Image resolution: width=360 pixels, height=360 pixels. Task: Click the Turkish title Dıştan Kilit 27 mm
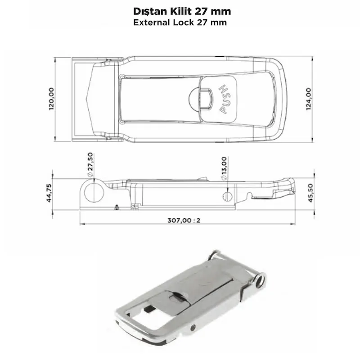pyautogui.click(x=180, y=10)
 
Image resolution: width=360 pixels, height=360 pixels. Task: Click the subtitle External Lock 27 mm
pyautogui.click(x=180, y=22)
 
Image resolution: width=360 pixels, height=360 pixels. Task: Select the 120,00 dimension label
pyautogui.click(x=52, y=99)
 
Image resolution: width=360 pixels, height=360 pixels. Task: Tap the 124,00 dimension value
pyautogui.click(x=309, y=99)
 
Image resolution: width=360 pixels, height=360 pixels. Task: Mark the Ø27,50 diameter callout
pyautogui.click(x=90, y=164)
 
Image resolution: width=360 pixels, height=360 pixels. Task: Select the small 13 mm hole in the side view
pyautogui.click(x=228, y=196)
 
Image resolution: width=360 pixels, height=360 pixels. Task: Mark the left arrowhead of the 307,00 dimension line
pyautogui.click(x=81, y=224)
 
